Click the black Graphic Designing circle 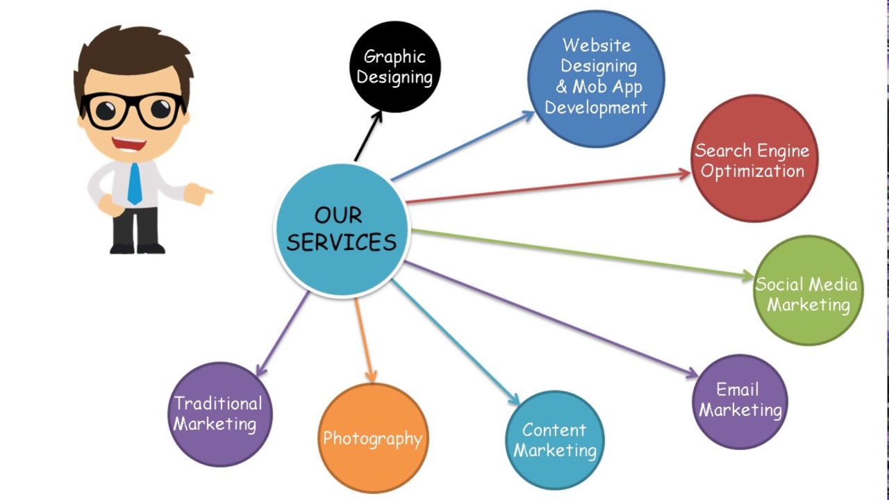tap(394, 67)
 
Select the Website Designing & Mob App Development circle tap(596, 78)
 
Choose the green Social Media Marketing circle tap(808, 291)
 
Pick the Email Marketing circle tap(740, 401)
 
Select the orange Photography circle tap(373, 438)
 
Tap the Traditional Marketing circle tap(219, 415)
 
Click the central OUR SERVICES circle tap(342, 229)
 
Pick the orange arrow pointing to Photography tap(364, 340)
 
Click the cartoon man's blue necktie tap(134, 183)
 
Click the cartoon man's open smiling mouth tap(130, 144)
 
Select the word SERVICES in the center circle tap(342, 242)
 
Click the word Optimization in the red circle tap(753, 171)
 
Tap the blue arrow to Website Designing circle tap(462, 146)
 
